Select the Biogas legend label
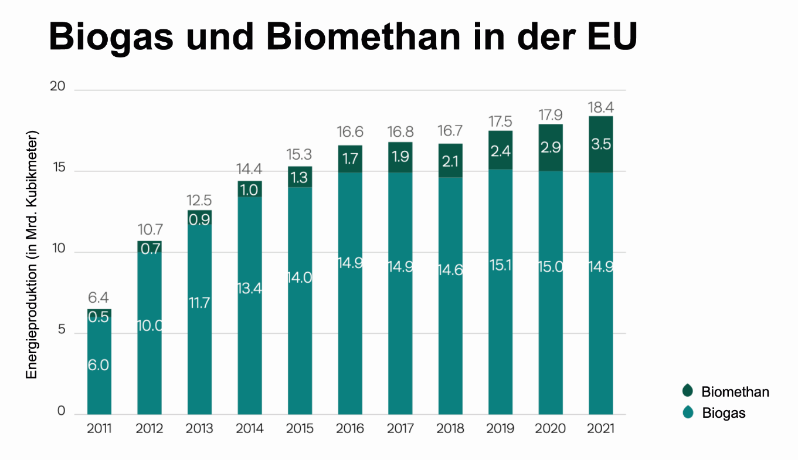point(724,413)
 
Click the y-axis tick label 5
point(61,332)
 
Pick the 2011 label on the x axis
point(99,429)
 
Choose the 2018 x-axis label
point(450,429)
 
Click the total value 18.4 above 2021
point(601,107)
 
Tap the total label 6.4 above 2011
point(99,298)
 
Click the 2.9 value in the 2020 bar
point(551,147)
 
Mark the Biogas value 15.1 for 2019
point(500,265)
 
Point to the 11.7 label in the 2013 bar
point(199,303)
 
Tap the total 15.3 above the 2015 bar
point(300,156)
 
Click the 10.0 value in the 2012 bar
point(150,326)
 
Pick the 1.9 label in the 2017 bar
point(400,157)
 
